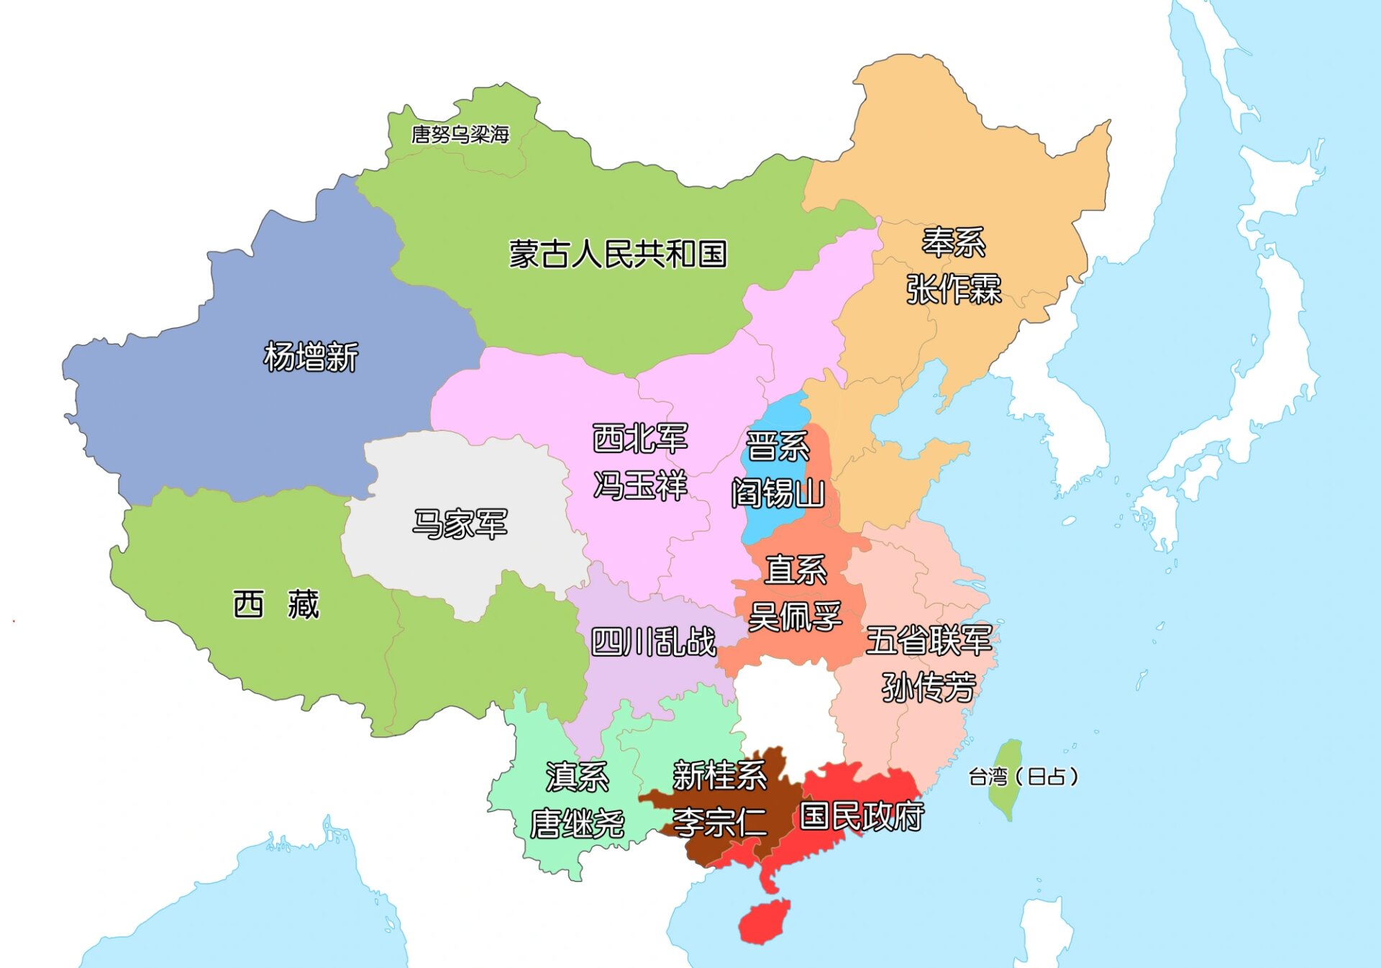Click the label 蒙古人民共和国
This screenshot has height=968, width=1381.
click(x=618, y=254)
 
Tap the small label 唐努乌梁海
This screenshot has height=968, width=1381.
click(x=460, y=134)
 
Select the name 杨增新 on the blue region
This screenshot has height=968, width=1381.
click(x=311, y=357)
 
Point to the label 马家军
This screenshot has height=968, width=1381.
click(x=460, y=524)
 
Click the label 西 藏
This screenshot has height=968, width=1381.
click(x=276, y=604)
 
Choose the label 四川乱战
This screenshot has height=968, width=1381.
click(x=653, y=641)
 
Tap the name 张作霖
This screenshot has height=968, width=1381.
click(x=953, y=289)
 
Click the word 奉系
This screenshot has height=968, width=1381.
click(x=953, y=242)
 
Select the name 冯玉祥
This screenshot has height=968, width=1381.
click(x=640, y=485)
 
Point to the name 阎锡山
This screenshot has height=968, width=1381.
click(x=778, y=493)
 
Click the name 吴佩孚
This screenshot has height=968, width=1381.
click(x=795, y=617)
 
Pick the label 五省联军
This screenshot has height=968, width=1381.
click(x=929, y=640)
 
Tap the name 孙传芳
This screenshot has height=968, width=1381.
click(x=929, y=688)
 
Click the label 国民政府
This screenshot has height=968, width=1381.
click(x=862, y=816)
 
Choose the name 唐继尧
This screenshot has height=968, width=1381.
click(x=577, y=824)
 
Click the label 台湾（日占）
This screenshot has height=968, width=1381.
click(x=1023, y=777)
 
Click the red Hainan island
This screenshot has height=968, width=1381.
click(x=765, y=922)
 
